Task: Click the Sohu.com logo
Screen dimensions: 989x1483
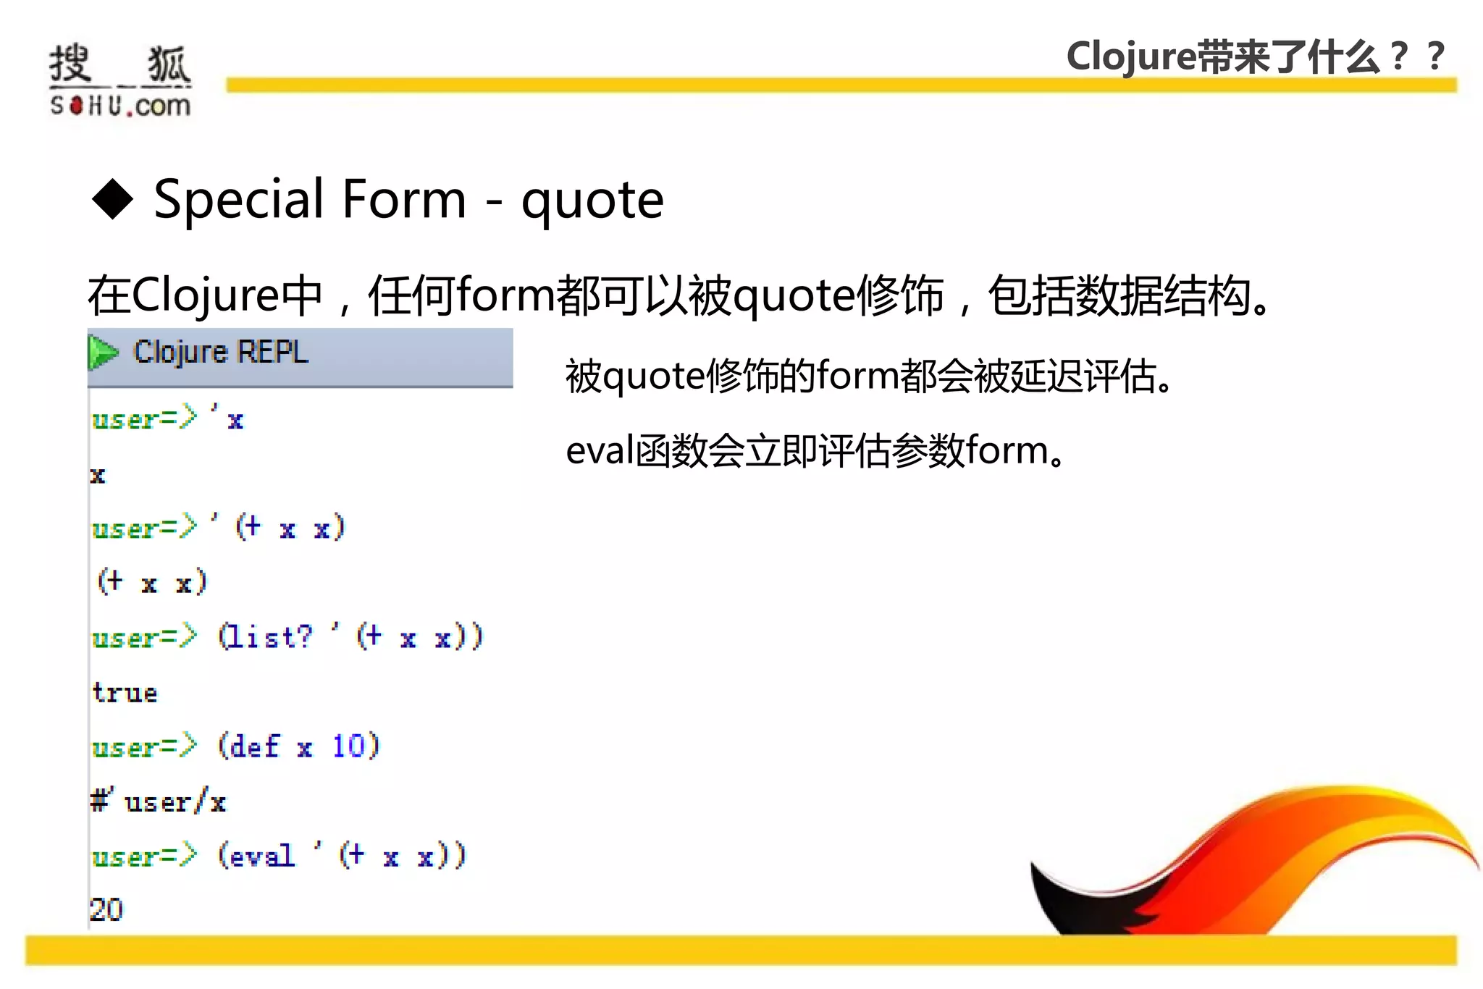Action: coord(120,80)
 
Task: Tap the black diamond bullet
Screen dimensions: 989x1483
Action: coord(113,198)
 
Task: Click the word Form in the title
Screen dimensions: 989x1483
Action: coord(404,199)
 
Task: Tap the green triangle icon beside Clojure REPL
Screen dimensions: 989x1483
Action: coord(103,353)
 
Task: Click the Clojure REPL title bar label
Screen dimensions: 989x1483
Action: coord(221,353)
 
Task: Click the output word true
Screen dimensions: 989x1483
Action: coord(125,693)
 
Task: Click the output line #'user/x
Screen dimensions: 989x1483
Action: coord(158,801)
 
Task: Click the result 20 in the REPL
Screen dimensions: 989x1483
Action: coord(106,909)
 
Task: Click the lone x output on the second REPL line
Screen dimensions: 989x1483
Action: coord(98,475)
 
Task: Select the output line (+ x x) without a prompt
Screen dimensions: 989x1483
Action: coord(152,582)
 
